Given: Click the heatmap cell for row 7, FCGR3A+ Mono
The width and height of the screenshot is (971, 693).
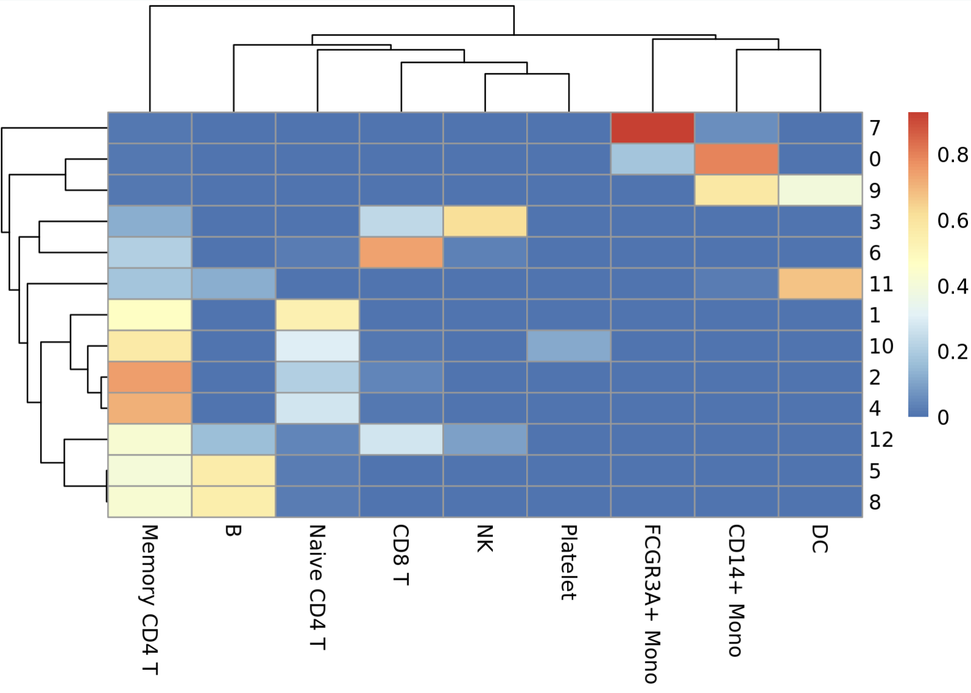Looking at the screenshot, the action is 652,128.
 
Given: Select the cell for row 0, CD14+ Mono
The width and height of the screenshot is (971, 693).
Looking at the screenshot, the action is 736,159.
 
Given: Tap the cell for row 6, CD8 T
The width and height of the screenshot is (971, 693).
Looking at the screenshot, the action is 401,253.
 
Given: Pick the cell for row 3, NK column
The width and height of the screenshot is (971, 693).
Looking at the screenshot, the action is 485,222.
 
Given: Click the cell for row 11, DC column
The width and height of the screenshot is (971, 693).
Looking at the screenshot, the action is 820,284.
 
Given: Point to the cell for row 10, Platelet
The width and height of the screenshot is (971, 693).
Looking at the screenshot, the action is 569,346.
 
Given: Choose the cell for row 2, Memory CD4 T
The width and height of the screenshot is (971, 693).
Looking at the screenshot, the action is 150,378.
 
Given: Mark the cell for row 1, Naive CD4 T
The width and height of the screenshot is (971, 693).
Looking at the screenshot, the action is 317,315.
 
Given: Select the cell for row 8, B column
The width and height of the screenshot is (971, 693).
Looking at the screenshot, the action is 234,502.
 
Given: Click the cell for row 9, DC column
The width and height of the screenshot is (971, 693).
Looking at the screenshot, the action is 820,190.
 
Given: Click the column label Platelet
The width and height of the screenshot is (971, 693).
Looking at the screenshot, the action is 568,563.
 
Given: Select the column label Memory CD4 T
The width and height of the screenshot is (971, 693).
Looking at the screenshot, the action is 150,600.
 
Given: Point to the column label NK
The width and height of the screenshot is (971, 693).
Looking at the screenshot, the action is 484,539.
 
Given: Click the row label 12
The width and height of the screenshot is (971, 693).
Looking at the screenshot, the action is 881,440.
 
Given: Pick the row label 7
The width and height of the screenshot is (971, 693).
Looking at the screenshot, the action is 875,128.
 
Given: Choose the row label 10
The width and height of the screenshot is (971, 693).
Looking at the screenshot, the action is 881,346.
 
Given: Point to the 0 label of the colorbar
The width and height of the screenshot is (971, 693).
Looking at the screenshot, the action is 943,418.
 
